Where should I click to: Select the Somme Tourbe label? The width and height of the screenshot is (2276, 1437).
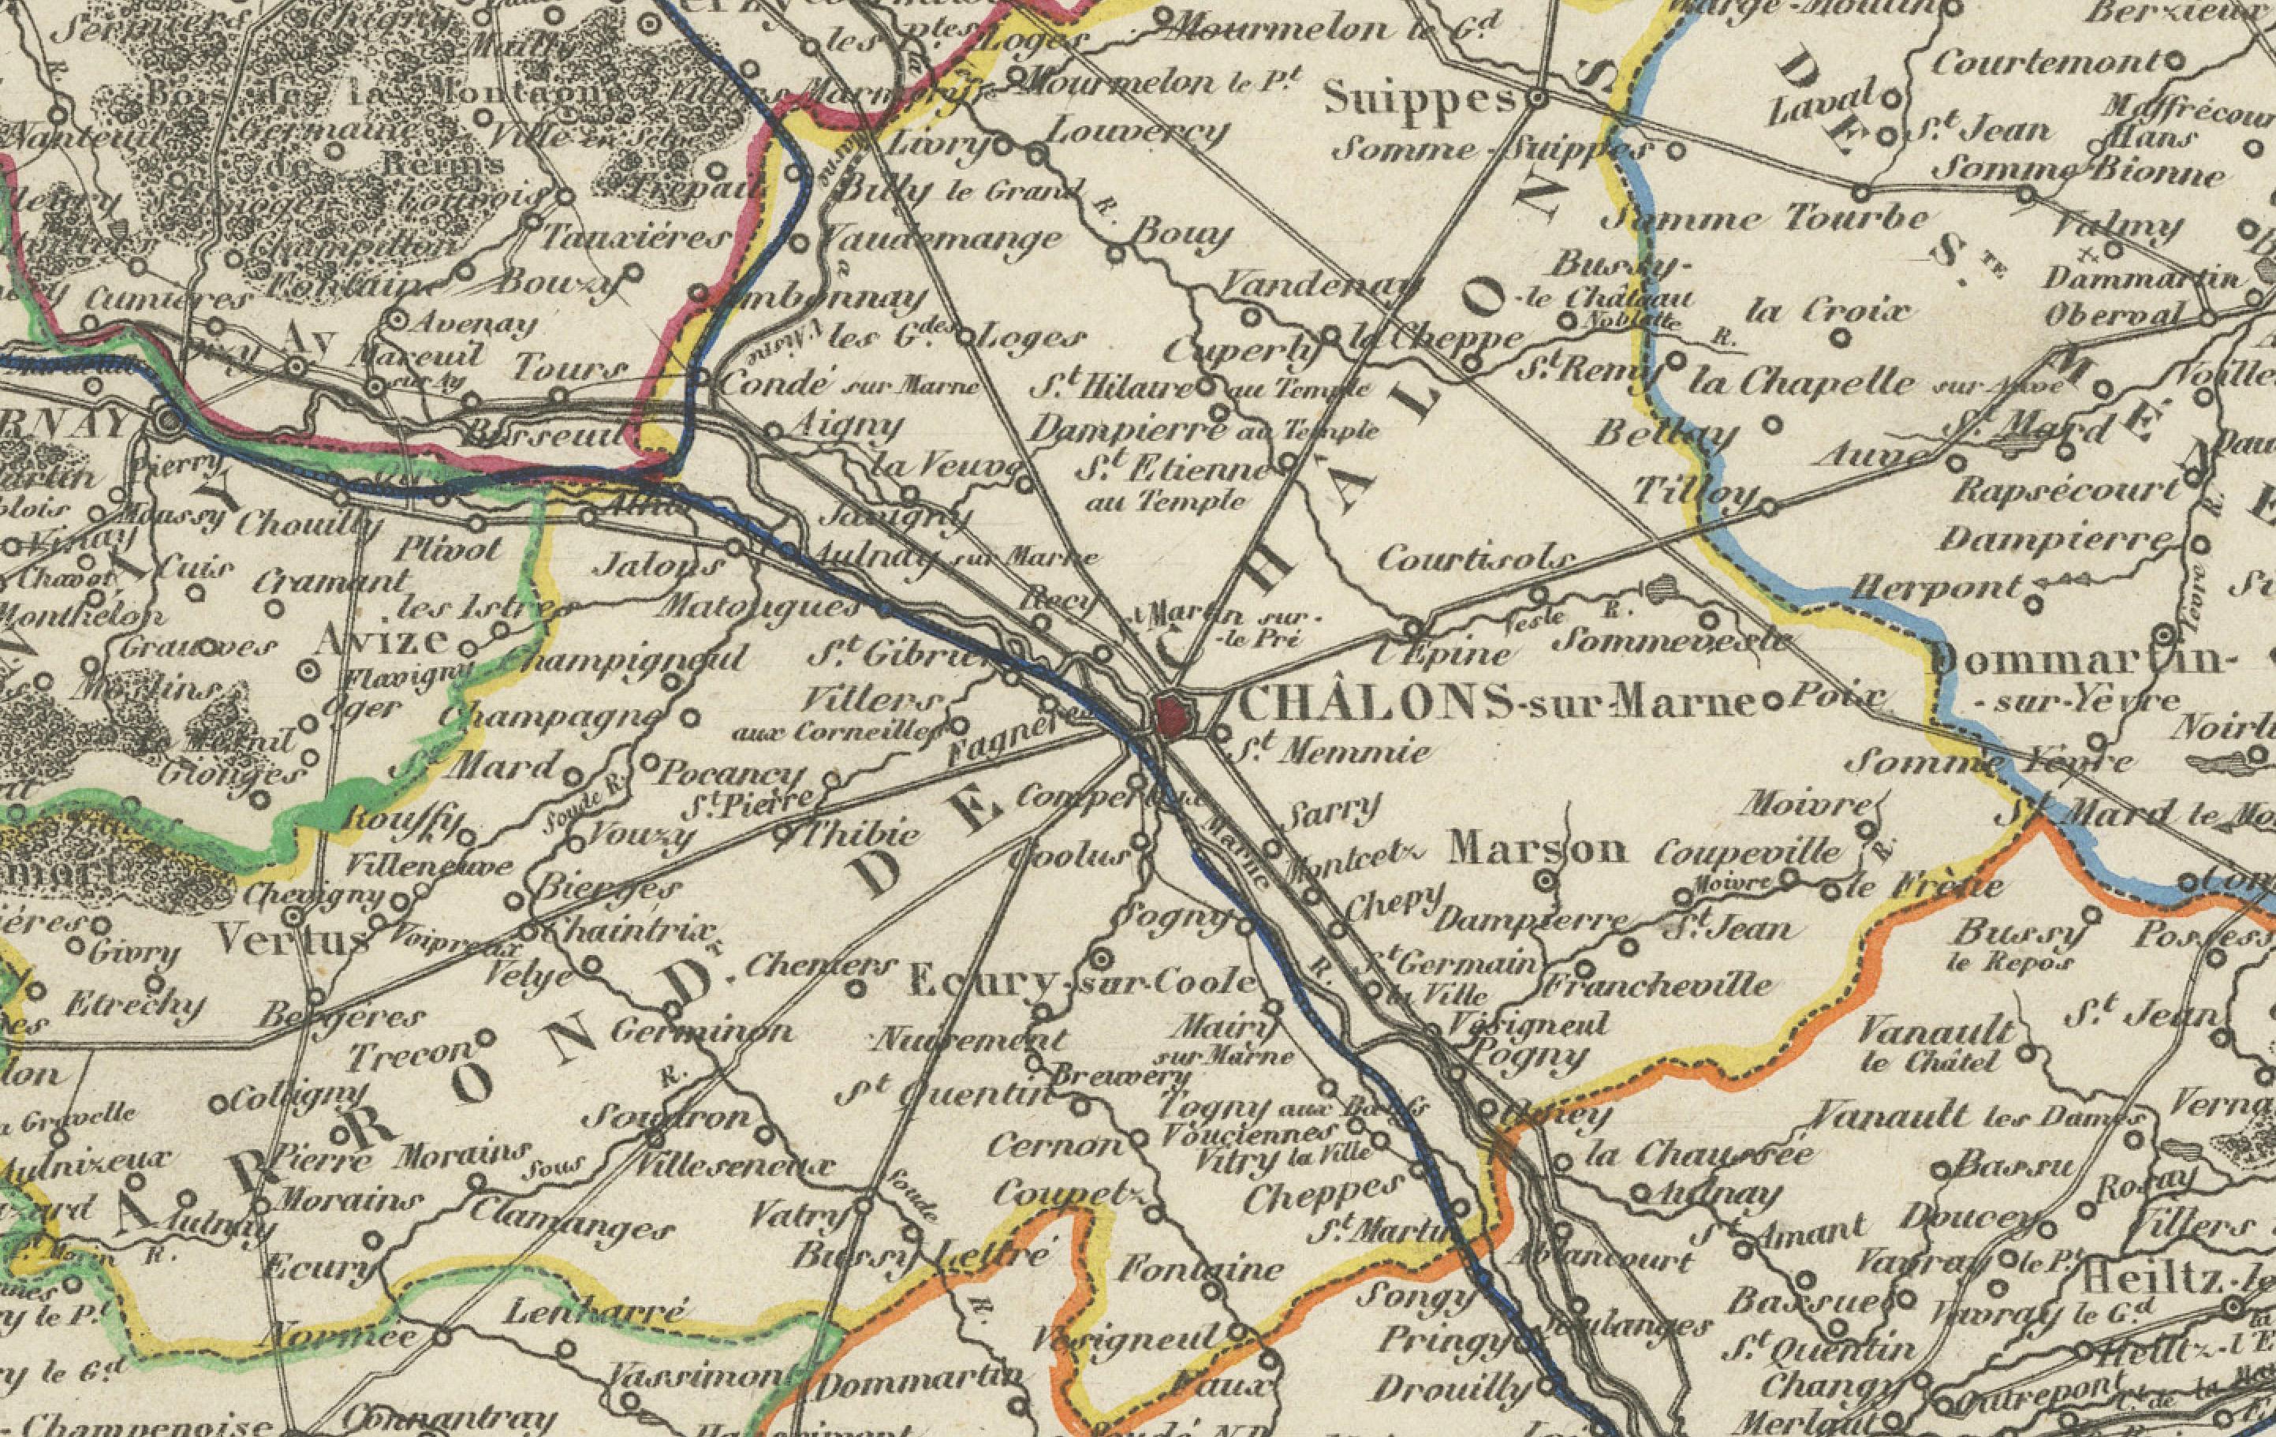pos(1767,219)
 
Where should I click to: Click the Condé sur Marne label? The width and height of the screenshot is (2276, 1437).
pos(846,385)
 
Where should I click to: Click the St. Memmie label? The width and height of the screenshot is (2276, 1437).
pos(1333,752)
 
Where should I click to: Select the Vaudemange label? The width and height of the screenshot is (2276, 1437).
pos(941,237)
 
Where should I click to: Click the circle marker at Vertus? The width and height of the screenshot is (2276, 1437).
pos(295,916)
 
